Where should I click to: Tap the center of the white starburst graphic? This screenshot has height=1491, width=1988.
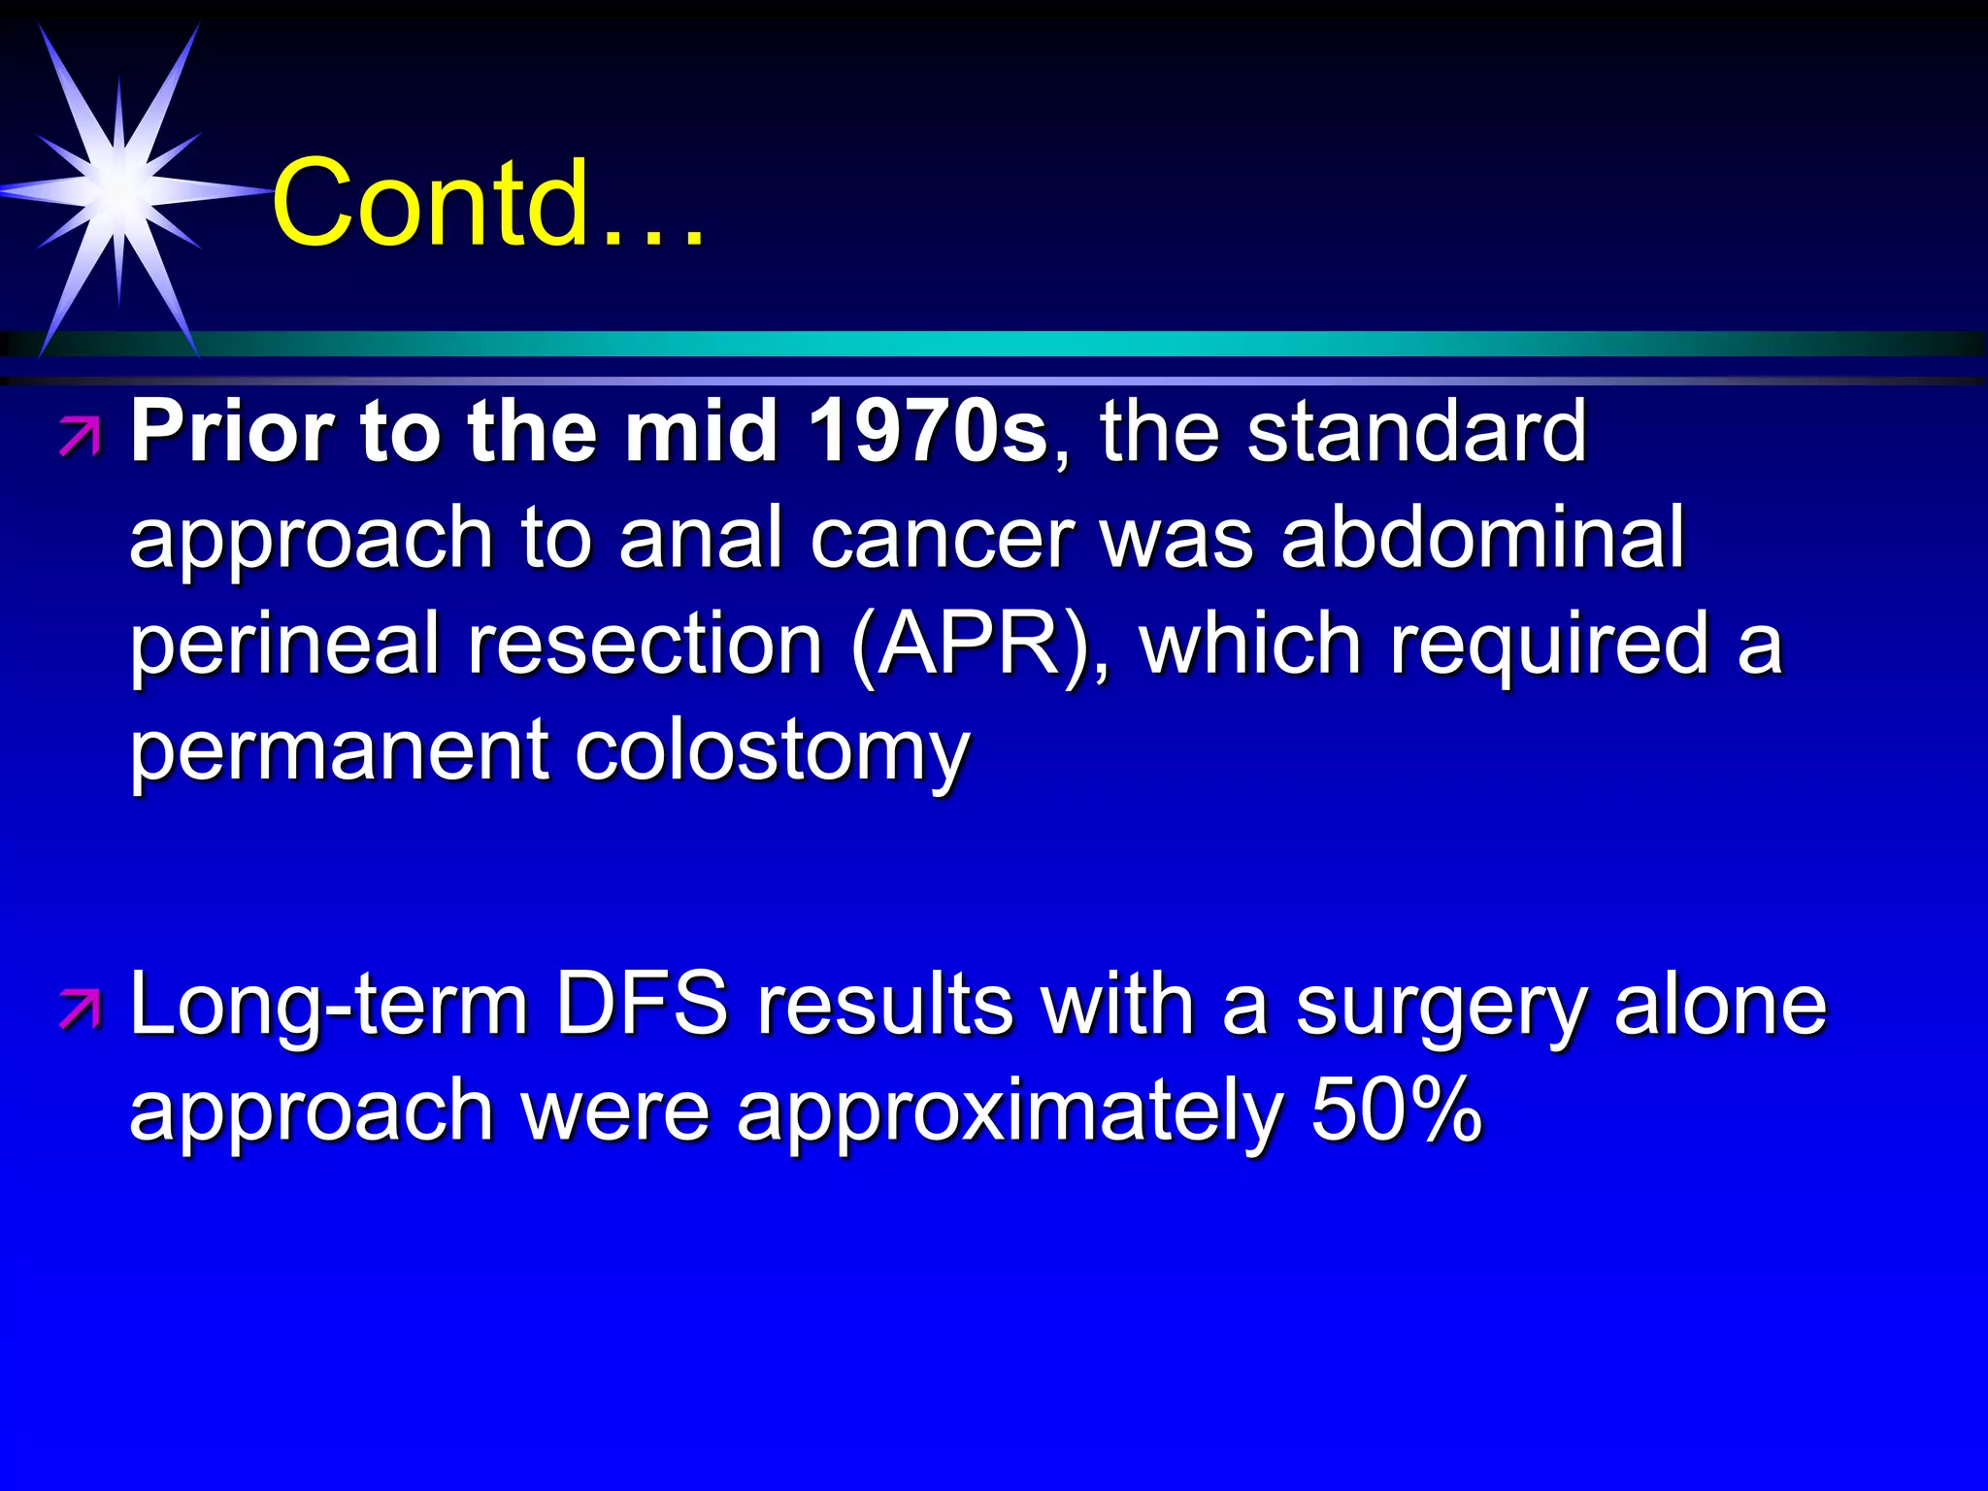[118, 191]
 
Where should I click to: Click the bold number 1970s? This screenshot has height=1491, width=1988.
[927, 432]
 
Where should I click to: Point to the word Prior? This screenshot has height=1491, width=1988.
[233, 432]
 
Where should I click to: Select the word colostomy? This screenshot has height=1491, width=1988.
[772, 752]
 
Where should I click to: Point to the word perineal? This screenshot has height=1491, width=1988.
[284, 646]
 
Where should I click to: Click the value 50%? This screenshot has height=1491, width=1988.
[1396, 1111]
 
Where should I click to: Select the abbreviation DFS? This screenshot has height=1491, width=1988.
[641, 1005]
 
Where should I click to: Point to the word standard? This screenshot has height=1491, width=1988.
[1416, 432]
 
